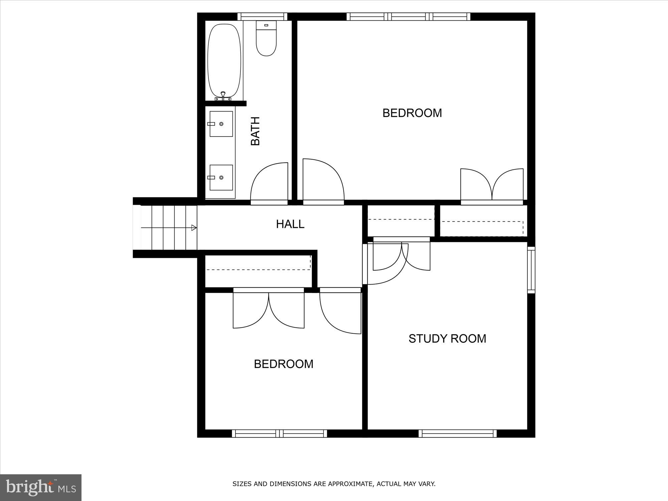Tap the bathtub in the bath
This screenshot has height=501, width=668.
click(x=224, y=60)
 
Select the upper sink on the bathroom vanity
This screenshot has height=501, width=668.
click(x=221, y=124)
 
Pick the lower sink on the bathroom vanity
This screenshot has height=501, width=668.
click(x=221, y=178)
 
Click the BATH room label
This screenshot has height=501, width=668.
click(x=256, y=131)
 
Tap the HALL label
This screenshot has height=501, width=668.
click(x=290, y=224)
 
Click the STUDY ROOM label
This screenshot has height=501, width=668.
click(x=447, y=339)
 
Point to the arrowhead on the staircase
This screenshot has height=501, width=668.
click(x=194, y=228)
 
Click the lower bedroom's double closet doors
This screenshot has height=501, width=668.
click(x=269, y=309)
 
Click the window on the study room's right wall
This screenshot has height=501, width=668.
click(x=531, y=270)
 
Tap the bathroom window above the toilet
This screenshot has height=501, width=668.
click(x=262, y=17)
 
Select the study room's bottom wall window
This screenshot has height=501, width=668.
click(x=457, y=434)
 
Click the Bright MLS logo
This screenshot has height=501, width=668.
click(x=40, y=487)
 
